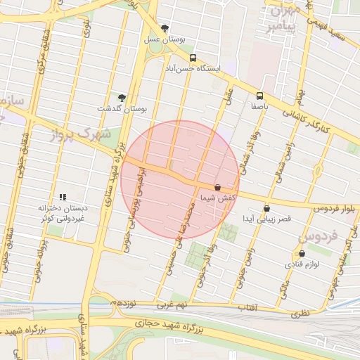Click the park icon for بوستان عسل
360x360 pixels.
pyautogui.click(x=165, y=29)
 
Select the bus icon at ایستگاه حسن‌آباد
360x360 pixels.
pyautogui.click(x=192, y=59)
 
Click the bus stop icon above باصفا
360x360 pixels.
pyautogui.click(x=260, y=96)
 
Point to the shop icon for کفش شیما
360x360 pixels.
pyautogui.click(x=217, y=188)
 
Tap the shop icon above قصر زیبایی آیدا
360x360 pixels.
pyautogui.click(x=266, y=208)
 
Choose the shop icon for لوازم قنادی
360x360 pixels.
pyautogui.click(x=302, y=253)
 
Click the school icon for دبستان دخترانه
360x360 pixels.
pyautogui.click(x=63, y=198)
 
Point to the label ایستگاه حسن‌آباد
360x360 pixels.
pyautogui.click(x=210, y=70)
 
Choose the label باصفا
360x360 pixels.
pyautogui.click(x=260, y=107)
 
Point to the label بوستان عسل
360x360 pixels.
pyautogui.click(x=165, y=40)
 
